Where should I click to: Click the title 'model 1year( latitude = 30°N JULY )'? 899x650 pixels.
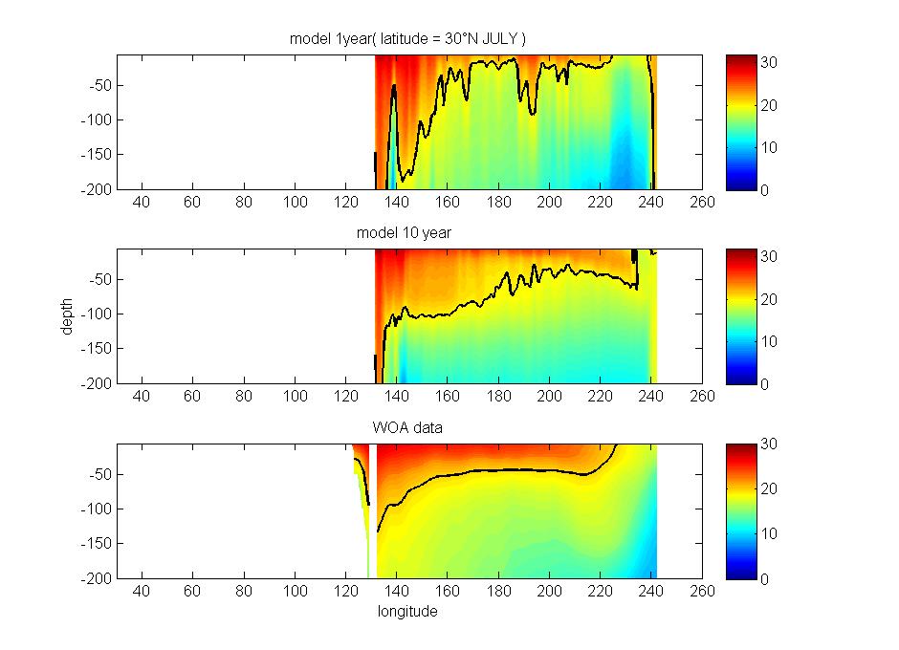(x=408, y=38)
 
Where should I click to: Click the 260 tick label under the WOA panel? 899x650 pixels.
(x=703, y=592)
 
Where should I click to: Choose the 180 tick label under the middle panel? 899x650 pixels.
(x=498, y=397)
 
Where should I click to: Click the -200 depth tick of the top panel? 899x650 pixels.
(x=99, y=189)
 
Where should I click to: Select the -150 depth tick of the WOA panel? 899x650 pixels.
(x=99, y=544)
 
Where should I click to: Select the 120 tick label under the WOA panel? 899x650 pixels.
(x=345, y=592)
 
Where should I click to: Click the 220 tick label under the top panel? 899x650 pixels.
(x=601, y=203)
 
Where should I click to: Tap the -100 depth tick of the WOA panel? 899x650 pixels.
(x=99, y=509)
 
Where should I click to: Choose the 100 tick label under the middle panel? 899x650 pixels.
(x=295, y=397)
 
